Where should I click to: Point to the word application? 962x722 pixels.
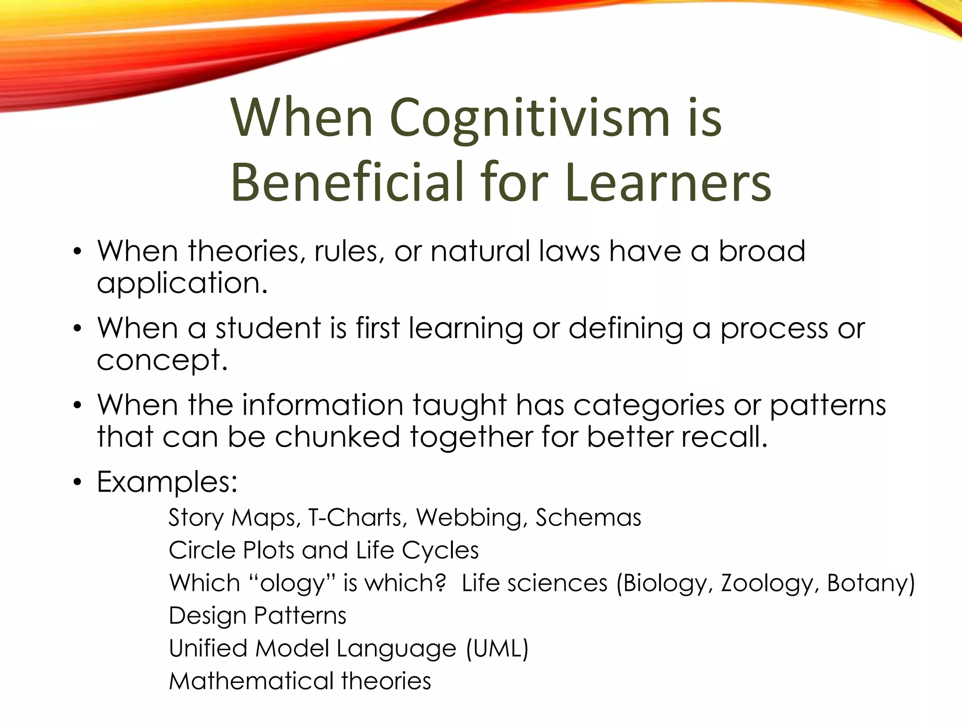tap(182, 283)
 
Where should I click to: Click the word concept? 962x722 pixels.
tap(162, 361)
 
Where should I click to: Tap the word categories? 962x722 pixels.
tap(648, 405)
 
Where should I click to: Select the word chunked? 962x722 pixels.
tap(337, 436)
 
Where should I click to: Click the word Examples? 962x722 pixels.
tap(167, 482)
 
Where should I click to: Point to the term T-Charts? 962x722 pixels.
tap(355, 518)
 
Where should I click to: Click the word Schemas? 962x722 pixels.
tap(588, 518)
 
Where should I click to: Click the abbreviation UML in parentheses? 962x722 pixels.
tap(497, 648)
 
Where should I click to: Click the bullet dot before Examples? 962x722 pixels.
tap(78, 483)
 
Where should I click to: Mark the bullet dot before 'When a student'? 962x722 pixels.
tap(78, 329)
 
